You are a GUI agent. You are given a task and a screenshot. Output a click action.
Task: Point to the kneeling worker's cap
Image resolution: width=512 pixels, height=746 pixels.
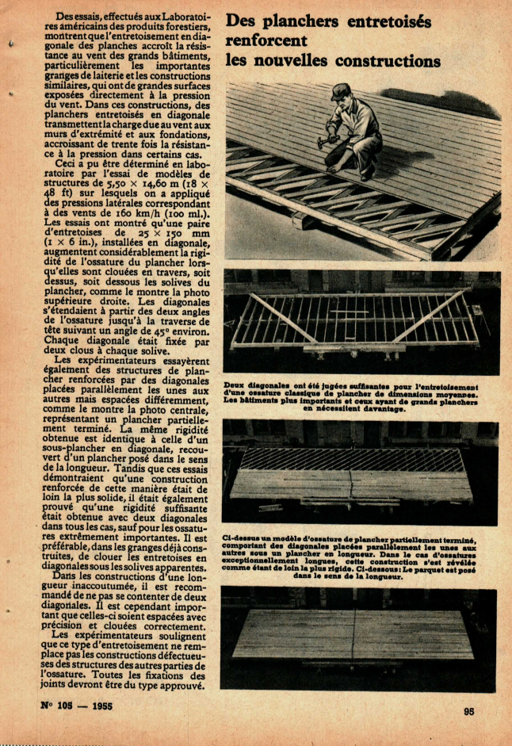coord(342,90)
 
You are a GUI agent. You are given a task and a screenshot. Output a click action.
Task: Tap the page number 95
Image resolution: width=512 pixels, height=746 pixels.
coord(468,711)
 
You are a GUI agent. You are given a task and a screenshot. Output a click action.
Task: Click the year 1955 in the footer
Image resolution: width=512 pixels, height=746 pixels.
coord(108,706)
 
